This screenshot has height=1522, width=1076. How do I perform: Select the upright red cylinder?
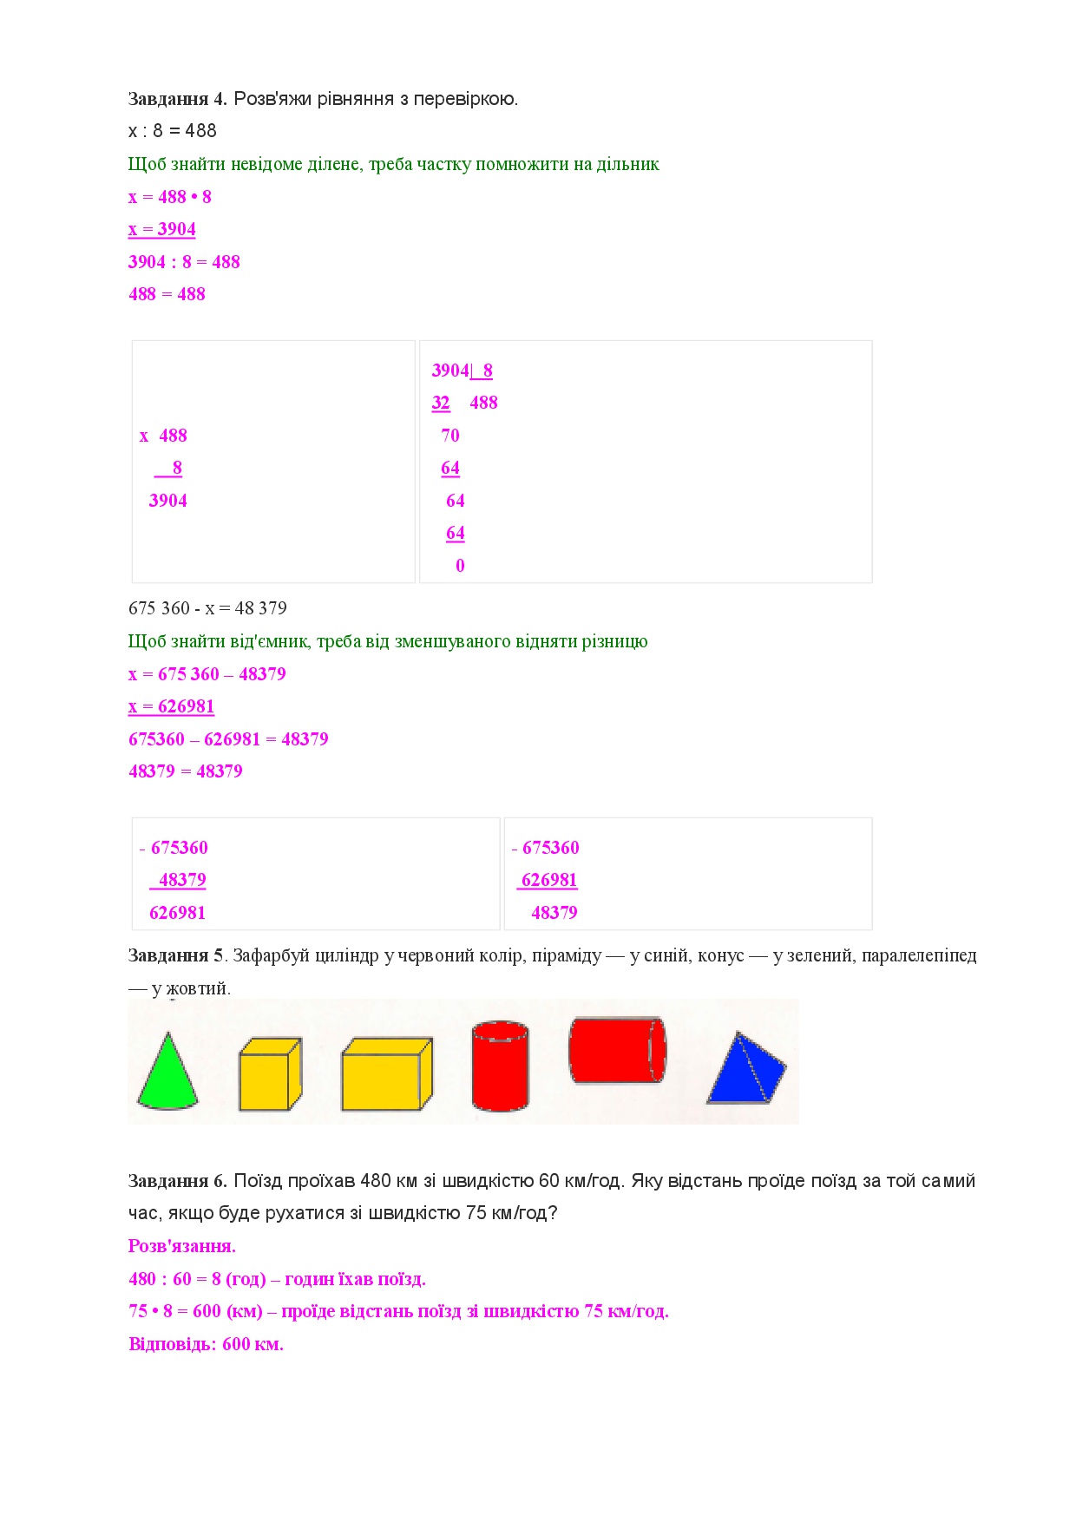pyautogui.click(x=500, y=1067)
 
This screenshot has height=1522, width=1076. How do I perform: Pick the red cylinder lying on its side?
pyautogui.click(x=616, y=1050)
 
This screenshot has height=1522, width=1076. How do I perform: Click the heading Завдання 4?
pyautogui.click(x=177, y=99)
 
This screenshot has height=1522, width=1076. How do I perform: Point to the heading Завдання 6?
pyautogui.click(x=177, y=1181)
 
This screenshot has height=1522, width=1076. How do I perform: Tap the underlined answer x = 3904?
pyautogui.click(x=162, y=229)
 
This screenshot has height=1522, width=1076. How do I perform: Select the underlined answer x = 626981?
pyautogui.click(x=171, y=706)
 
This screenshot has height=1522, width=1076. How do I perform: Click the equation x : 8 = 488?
pyautogui.click(x=172, y=131)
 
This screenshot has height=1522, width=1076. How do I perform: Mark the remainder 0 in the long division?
pyautogui.click(x=460, y=566)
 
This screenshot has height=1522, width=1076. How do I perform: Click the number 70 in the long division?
pyautogui.click(x=450, y=436)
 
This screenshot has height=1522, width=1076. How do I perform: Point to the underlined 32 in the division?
pyautogui.click(x=441, y=403)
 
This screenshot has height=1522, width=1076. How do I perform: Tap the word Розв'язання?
pyautogui.click(x=182, y=1246)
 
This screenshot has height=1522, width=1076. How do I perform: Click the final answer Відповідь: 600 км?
pyautogui.click(x=206, y=1344)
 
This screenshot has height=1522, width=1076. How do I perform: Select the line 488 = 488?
pyautogui.click(x=167, y=294)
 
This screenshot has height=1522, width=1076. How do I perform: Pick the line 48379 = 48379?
pyautogui.click(x=186, y=771)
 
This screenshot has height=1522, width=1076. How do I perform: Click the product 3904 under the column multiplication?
pyautogui.click(x=168, y=501)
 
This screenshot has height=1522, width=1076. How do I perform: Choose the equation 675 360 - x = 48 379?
pyautogui.click(x=207, y=608)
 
